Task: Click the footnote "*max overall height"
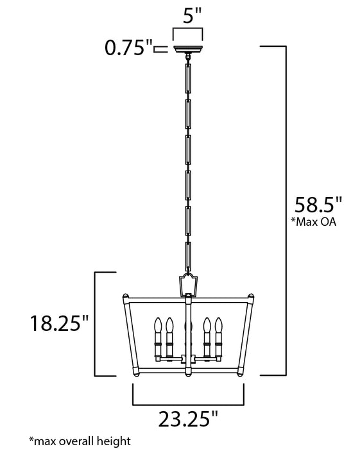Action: tap(80, 441)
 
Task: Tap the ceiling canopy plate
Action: tap(189, 49)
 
